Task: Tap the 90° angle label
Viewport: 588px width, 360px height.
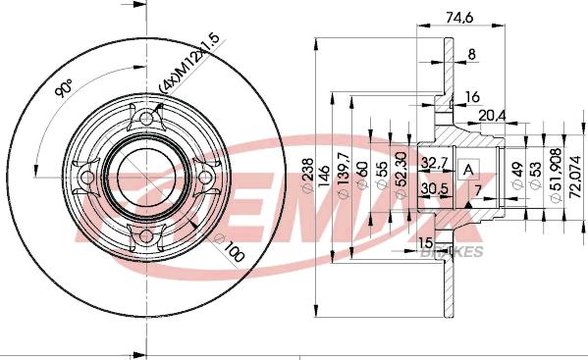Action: (x=63, y=89)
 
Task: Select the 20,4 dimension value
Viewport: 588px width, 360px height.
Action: (x=492, y=115)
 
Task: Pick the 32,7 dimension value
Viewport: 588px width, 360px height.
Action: (x=435, y=162)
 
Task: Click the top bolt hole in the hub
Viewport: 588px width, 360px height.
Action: (x=148, y=120)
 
